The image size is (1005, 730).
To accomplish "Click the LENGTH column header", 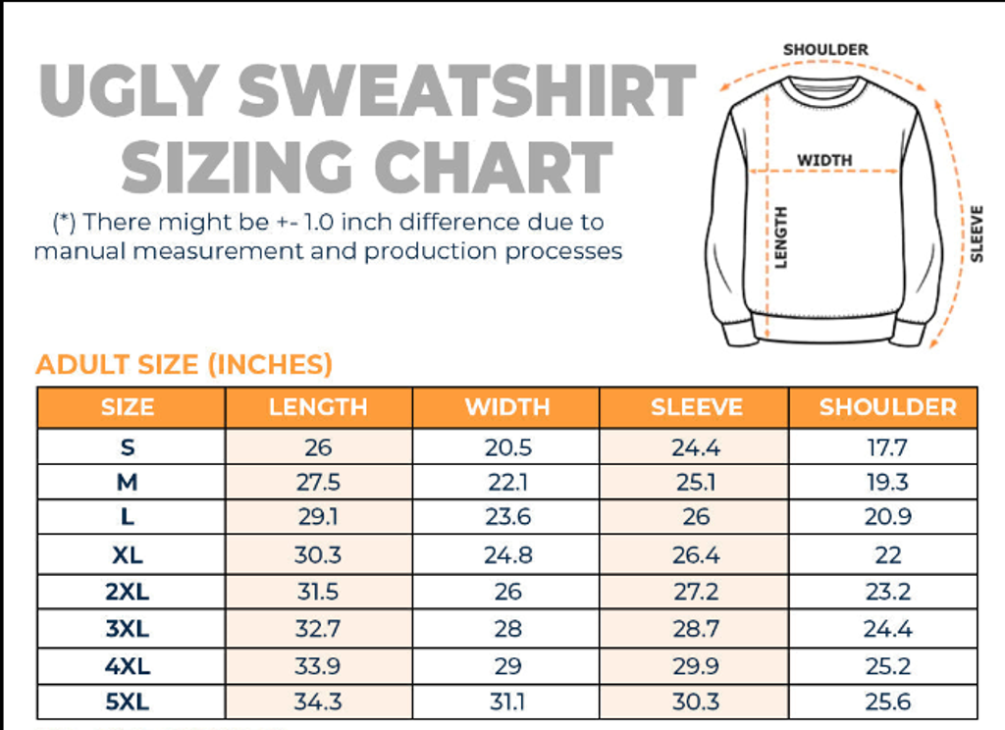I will pos(318,407).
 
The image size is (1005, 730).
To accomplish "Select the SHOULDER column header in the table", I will pos(887,407).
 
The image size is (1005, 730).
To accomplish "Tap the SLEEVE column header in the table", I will pos(696,407).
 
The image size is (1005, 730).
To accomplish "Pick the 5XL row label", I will pos(128,703).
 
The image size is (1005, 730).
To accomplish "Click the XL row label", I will pos(128,555).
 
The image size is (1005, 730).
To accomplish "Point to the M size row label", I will pos(128,482).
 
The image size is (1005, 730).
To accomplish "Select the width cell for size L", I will pos(507,518).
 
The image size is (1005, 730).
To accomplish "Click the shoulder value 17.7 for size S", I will pos(887,448).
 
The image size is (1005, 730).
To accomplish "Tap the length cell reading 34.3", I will pos(318,703).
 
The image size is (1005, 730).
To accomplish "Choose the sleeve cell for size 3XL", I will pos(696,629).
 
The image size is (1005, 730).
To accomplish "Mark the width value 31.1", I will pos(507,703).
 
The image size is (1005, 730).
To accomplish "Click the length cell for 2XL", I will pos(318,592).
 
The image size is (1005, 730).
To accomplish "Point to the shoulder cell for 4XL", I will pos(887,666).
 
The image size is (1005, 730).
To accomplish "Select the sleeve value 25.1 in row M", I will pos(696,482).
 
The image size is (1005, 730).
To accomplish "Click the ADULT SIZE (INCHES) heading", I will pos(184,365).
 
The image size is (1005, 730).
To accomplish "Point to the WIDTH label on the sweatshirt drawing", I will pos(824,160).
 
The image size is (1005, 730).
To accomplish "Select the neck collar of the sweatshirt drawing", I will pos(824,88).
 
